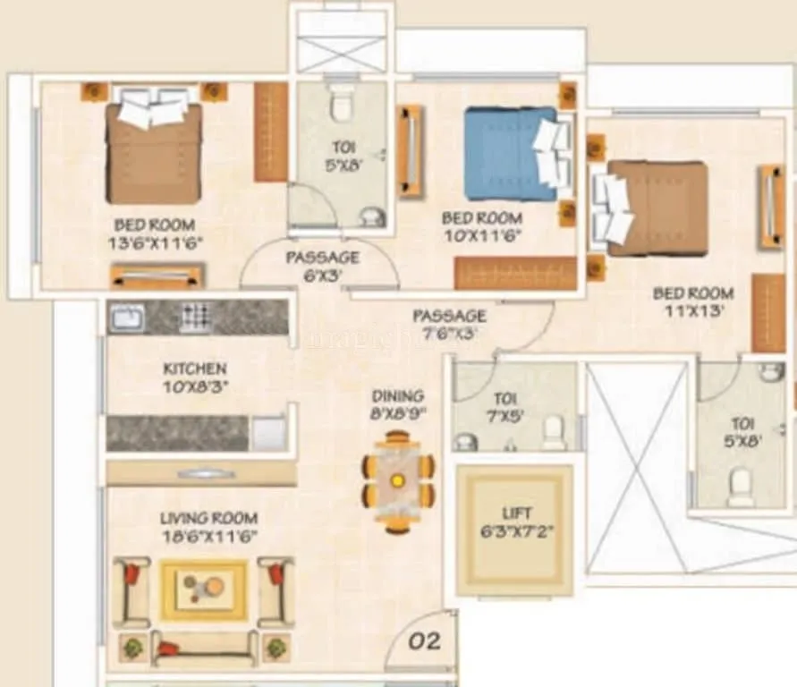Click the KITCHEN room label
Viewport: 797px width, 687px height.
pyautogui.click(x=194, y=369)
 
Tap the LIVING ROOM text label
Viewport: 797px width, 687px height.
pyautogui.click(x=208, y=518)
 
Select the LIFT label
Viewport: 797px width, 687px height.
pyautogui.click(x=516, y=513)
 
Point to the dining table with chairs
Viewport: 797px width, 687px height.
pyautogui.click(x=398, y=481)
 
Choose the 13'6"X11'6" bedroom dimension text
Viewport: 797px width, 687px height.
pyautogui.click(x=155, y=242)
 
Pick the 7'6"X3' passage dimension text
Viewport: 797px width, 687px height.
pyautogui.click(x=449, y=334)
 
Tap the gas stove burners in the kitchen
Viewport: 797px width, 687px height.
pyautogui.click(x=195, y=316)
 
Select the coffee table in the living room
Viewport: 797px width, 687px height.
pyautogui.click(x=204, y=589)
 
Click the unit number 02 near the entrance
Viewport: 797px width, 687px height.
pyautogui.click(x=424, y=641)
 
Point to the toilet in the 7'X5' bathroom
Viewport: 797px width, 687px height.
pyautogui.click(x=554, y=432)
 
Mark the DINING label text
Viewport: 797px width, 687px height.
pyautogui.click(x=399, y=395)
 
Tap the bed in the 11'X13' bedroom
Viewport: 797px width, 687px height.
pyautogui.click(x=656, y=208)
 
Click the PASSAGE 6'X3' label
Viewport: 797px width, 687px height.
pyautogui.click(x=322, y=267)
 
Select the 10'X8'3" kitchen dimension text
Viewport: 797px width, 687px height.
pyautogui.click(x=194, y=386)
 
